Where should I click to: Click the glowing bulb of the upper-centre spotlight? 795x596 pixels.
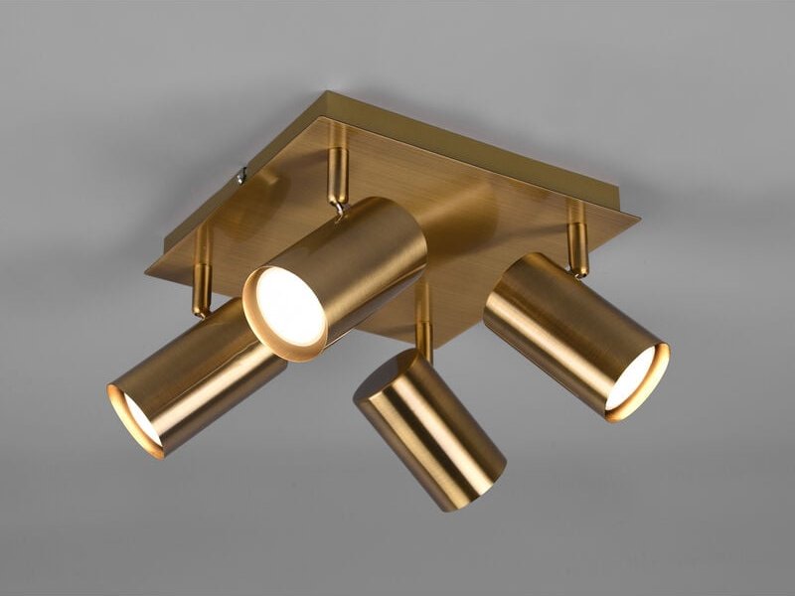click(291, 306)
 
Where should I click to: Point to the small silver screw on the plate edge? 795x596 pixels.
click(241, 176)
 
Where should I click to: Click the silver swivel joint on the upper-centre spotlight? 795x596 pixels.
click(341, 209)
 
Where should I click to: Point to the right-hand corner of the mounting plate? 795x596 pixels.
click(637, 216)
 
